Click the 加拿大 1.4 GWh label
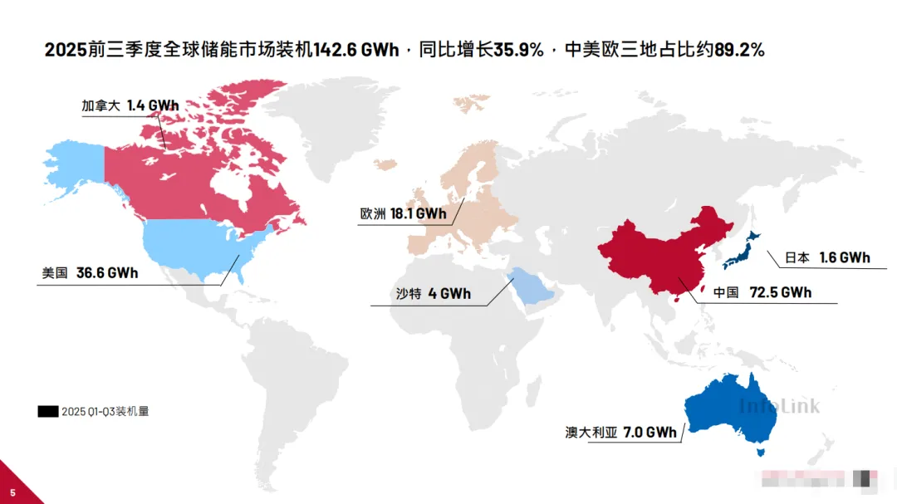pyautogui.click(x=130, y=106)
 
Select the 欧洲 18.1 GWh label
pyautogui.click(x=403, y=213)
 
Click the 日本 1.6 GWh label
pyautogui.click(x=827, y=257)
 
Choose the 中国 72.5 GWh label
pyautogui.click(x=762, y=292)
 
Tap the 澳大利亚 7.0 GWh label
pyautogui.click(x=620, y=433)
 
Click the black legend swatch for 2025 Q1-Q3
pyautogui.click(x=48, y=411)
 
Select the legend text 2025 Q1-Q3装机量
pyautogui.click(x=105, y=411)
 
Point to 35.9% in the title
pyautogui.click(x=519, y=51)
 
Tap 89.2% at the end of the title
pyautogui.click(x=739, y=51)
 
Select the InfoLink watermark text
pyautogui.click(x=779, y=406)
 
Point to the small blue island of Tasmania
pyautogui.click(x=757, y=452)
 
